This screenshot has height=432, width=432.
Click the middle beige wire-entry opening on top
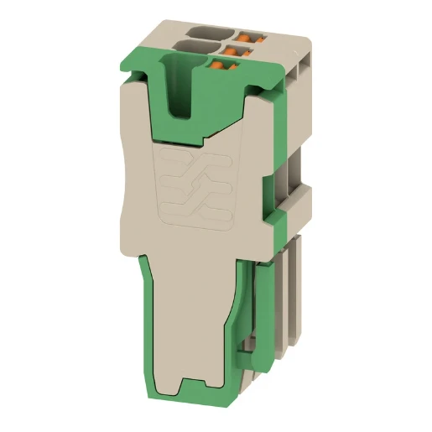195,47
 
